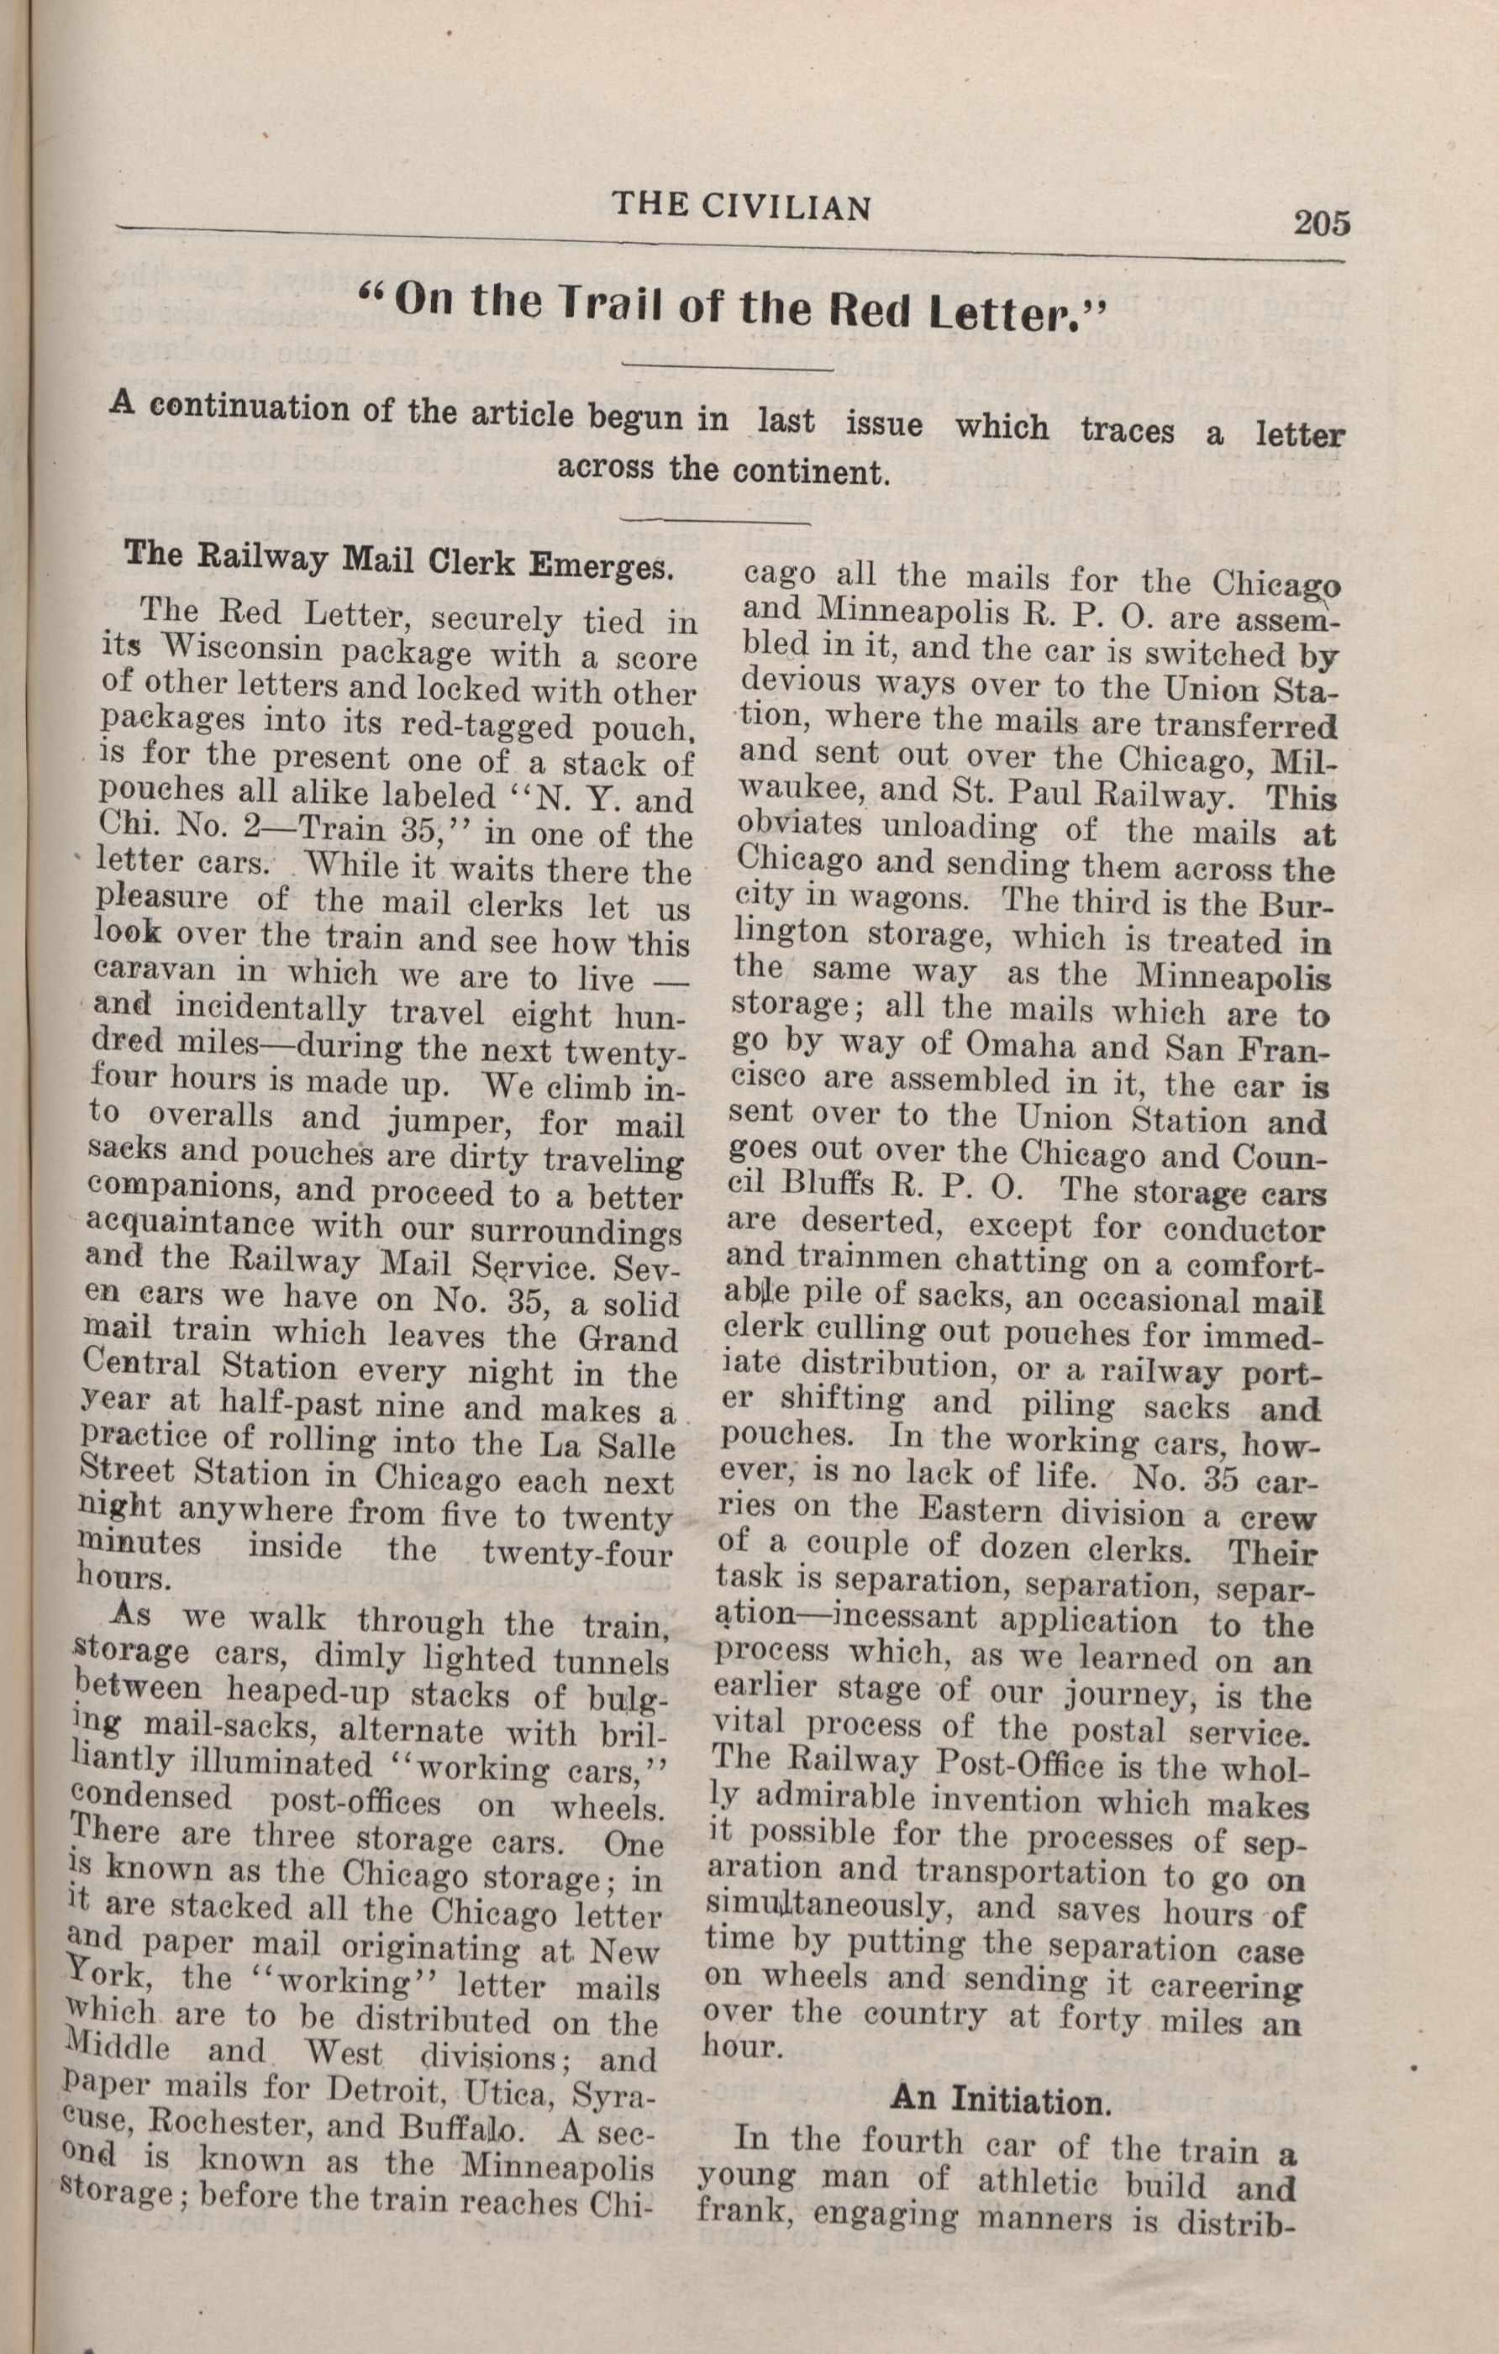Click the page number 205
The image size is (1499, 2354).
[1321, 223]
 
